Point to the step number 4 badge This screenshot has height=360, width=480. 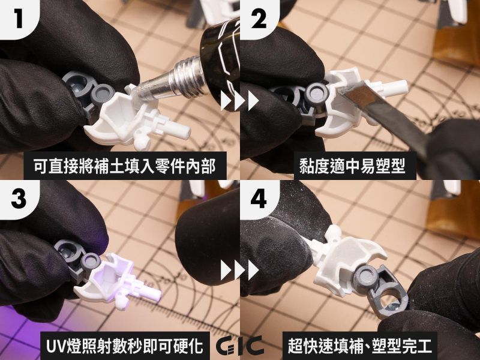coord(259,199)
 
